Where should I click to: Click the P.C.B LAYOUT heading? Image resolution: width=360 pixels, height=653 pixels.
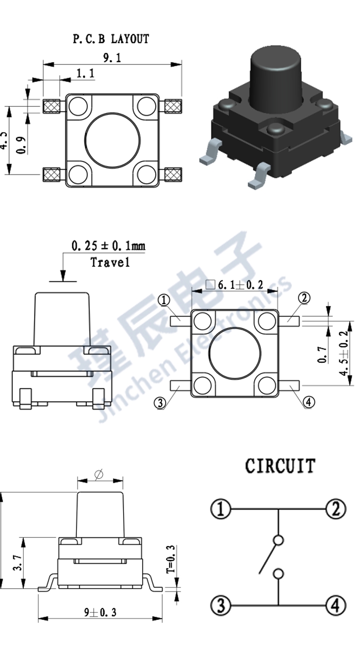pos(111,39)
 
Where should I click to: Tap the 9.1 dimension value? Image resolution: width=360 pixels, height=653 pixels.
pos(112,58)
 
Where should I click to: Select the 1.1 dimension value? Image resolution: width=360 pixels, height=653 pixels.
pos(85,73)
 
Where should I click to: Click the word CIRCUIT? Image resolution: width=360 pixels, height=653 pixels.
pos(280,466)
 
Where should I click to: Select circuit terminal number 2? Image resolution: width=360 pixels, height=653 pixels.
pos(335,509)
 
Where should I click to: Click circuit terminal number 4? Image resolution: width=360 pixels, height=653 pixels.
pos(335,606)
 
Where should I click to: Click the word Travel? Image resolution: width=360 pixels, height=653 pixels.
pos(110,262)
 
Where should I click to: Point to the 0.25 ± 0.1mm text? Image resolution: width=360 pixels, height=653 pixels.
pos(108,245)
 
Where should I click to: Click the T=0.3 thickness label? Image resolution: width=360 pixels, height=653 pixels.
pos(170,559)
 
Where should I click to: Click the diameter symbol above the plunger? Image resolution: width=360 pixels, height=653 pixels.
pos(98,475)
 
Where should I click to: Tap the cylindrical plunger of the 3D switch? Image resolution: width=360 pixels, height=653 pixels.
pos(276,75)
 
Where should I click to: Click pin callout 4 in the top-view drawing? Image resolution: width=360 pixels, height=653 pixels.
pos(309,402)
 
